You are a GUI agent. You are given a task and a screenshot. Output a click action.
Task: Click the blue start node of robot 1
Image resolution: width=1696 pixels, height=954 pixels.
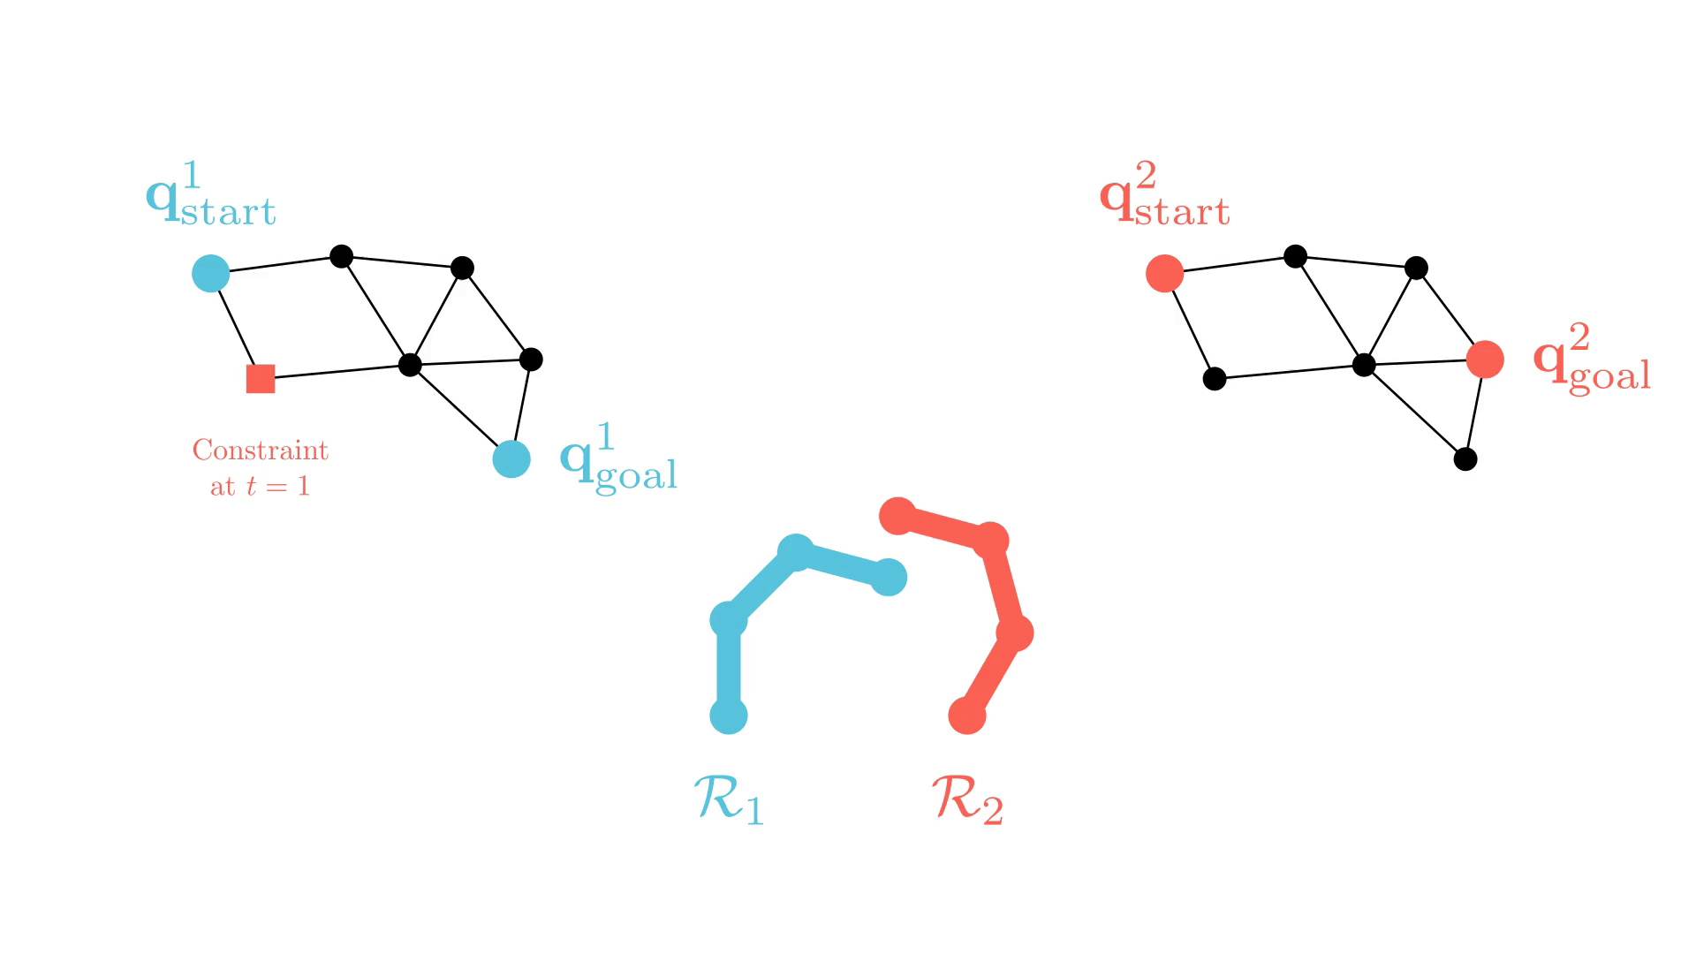coord(211,274)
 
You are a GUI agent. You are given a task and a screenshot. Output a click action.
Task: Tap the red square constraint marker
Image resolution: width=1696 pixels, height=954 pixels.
coord(261,379)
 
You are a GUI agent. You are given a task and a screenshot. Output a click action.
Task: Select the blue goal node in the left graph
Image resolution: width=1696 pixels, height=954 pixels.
coord(511,458)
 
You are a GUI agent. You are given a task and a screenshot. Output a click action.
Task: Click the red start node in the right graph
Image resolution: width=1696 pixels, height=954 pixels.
coord(1164,274)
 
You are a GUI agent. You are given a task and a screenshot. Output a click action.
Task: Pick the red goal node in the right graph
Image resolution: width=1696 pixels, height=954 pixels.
coord(1485,360)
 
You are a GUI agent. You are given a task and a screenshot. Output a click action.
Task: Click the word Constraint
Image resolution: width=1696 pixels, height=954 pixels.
coord(261,450)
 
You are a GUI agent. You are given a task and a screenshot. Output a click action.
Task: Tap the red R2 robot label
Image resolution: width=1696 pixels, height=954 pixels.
coord(968,799)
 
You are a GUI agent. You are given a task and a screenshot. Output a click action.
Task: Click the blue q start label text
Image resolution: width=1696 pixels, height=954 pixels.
coord(211,196)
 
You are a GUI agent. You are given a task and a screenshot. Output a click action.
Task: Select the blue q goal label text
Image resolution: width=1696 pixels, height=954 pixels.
coord(619,459)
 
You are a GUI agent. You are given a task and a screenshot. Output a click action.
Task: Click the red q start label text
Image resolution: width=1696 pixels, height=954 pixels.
coord(1164,196)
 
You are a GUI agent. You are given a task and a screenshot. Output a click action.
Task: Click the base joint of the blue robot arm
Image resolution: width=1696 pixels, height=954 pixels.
coord(729,715)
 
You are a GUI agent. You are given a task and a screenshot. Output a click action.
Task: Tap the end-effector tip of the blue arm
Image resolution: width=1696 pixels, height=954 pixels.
coord(889,578)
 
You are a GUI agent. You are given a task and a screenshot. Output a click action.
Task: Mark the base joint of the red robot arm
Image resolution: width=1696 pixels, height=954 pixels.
coord(967,715)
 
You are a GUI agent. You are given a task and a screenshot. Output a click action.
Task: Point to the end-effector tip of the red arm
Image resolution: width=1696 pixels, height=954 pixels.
coord(898,516)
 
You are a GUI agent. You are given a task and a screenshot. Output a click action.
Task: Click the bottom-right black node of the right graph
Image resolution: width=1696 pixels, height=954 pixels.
coord(1465,459)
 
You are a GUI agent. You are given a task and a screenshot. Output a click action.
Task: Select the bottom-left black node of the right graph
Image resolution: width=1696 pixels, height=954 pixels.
coord(1215,379)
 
